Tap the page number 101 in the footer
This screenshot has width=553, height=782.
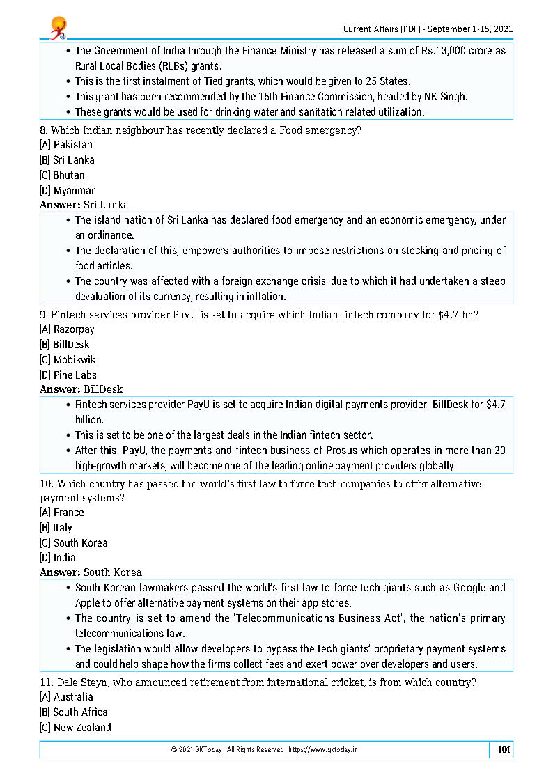(504, 750)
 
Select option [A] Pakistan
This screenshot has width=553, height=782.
(66, 145)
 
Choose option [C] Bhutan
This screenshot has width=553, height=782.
(62, 175)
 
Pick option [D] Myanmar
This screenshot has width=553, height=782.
(67, 191)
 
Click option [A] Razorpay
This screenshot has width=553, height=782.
(67, 329)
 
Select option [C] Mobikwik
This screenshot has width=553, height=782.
(68, 360)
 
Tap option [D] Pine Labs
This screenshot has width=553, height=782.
(68, 375)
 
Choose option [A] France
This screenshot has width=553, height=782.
(62, 513)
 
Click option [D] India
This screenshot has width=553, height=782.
(58, 558)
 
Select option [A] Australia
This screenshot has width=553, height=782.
(66, 697)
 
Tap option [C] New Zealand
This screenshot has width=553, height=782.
(75, 728)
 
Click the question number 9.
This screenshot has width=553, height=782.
(43, 315)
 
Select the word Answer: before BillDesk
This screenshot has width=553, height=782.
(60, 389)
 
